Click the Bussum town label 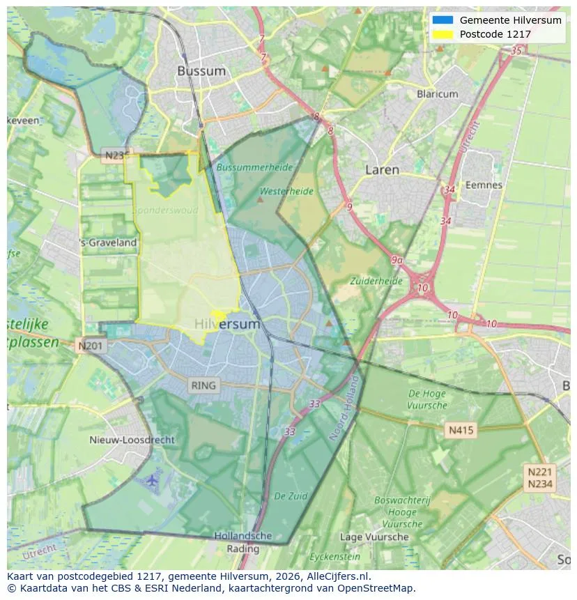pos(201,71)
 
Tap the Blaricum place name pos(437,94)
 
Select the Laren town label pos(383,169)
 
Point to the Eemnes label pos(484,185)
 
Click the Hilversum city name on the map pos(227,324)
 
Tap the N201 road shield pos(91,346)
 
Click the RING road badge pos(203,385)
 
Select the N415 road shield pos(461,430)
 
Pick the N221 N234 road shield pos(540,478)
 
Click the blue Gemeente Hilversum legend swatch pos(442,20)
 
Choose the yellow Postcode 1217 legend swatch pos(442,33)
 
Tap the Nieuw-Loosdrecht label pos(132,440)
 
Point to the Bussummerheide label pos(254,167)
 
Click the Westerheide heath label pos(286,191)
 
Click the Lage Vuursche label pos(374,537)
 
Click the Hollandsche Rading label pos(243,542)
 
